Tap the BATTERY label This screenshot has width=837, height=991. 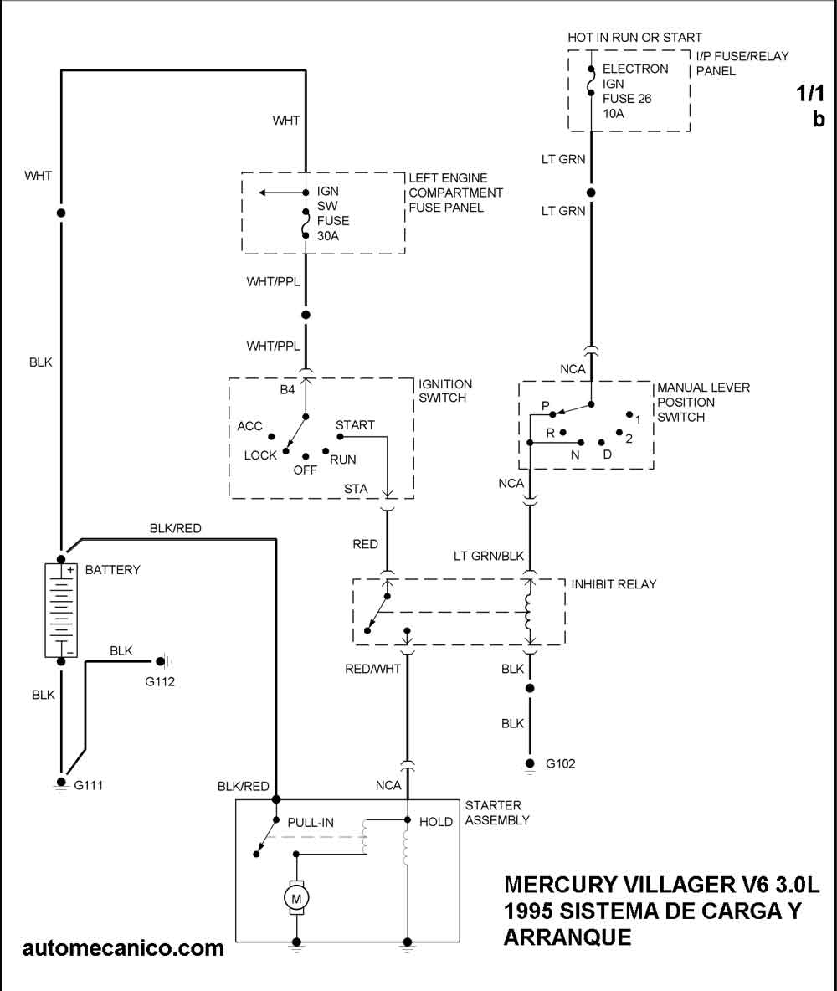[x=113, y=570]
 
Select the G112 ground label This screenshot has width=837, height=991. [x=160, y=681]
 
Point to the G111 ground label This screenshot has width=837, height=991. [x=88, y=785]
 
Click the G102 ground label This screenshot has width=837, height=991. [x=561, y=763]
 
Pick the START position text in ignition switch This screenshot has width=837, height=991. [x=355, y=425]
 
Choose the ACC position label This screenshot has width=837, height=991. [x=249, y=426]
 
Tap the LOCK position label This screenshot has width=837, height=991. [x=260, y=455]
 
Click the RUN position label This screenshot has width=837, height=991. [x=343, y=460]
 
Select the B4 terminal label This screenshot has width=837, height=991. [x=288, y=390]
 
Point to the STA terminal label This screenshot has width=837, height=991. [x=356, y=488]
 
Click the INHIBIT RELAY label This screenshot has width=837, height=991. [x=614, y=583]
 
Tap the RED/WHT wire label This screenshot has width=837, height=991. [x=373, y=669]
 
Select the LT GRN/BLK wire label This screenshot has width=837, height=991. [x=488, y=555]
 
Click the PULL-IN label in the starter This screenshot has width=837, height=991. [x=311, y=823]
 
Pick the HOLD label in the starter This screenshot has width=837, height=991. [x=435, y=823]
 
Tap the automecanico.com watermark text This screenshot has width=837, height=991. [x=123, y=947]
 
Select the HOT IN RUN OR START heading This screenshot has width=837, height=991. [x=634, y=38]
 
